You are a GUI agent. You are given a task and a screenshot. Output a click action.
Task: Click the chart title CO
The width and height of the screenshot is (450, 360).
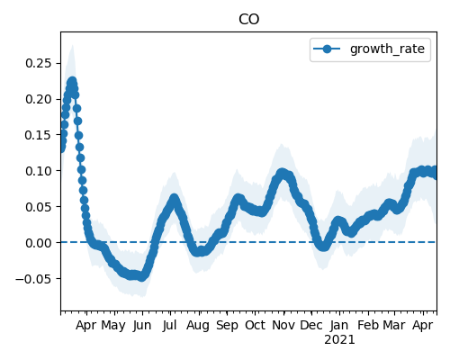248,20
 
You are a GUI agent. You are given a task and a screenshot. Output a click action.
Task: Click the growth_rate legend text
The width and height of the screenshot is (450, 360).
387,49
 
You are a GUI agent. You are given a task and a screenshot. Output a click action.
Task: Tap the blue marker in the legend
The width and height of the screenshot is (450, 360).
327,49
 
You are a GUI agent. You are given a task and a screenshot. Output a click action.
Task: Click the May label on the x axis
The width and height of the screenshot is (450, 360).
113,326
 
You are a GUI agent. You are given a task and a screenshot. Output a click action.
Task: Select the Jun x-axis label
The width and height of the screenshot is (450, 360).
142,326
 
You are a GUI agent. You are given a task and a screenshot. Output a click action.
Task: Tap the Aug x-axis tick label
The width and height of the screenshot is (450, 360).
198,326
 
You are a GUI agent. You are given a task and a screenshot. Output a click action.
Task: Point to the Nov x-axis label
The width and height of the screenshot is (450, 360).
283,326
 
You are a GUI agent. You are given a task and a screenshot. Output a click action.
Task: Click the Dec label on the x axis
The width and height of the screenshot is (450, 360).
311,326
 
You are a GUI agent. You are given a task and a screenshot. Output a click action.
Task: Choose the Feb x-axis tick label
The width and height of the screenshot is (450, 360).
368,326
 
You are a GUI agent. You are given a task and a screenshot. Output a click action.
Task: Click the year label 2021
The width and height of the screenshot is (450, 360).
339,340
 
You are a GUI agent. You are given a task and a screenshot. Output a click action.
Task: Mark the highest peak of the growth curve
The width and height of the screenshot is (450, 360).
72,82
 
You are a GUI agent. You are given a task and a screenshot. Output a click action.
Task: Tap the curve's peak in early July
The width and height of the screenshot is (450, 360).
174,199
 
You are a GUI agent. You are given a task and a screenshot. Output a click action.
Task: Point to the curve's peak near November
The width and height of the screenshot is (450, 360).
282,173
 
